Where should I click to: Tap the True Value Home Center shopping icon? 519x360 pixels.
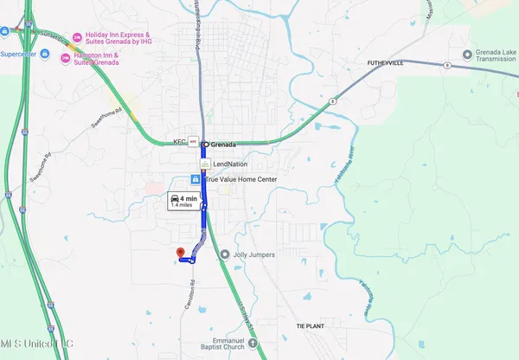pyautogui.click(x=195, y=179)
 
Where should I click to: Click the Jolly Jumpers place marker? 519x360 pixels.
pyautogui.click(x=225, y=254)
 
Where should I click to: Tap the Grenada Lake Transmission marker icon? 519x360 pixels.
pyautogui.click(x=468, y=54)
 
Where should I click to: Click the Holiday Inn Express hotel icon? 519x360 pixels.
pyautogui.click(x=77, y=37)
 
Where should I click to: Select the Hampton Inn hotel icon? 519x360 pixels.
pyautogui.click(x=66, y=57)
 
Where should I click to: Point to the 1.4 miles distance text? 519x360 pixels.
pyautogui.click(x=181, y=206)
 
